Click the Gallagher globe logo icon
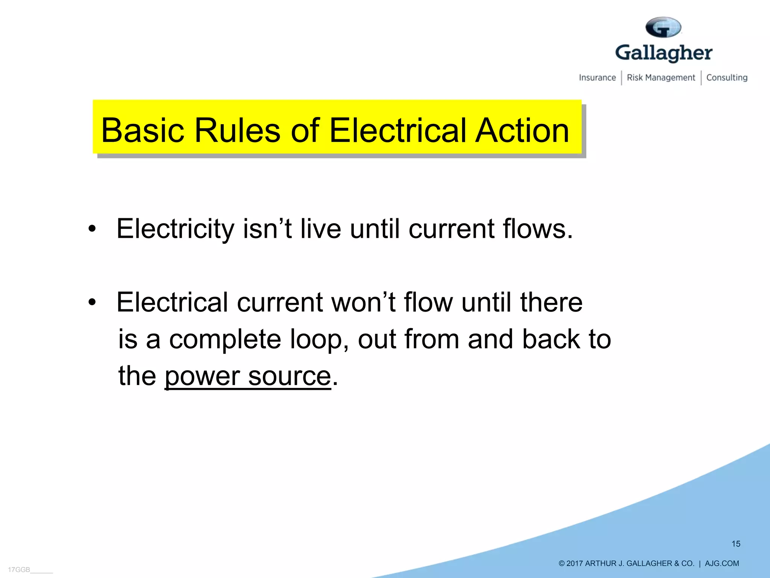pyautogui.click(x=663, y=27)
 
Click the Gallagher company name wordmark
pyautogui.click(x=664, y=53)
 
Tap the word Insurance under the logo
pyautogui.click(x=597, y=78)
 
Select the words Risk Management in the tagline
pyautogui.click(x=661, y=78)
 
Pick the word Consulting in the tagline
pyautogui.click(x=727, y=78)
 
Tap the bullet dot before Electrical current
pyautogui.click(x=92, y=302)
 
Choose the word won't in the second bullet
pyautogui.click(x=363, y=302)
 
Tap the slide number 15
pyautogui.click(x=736, y=544)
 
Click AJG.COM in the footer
pyautogui.click(x=721, y=563)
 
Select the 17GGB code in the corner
pyautogui.click(x=19, y=570)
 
